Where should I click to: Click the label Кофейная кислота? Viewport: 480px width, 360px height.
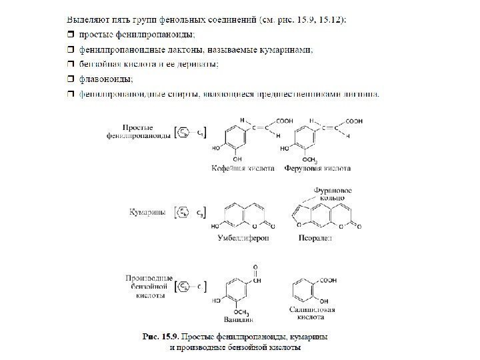(x=243, y=169)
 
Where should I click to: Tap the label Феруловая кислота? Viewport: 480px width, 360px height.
(x=315, y=169)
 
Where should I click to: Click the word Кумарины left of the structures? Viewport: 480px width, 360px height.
(x=147, y=212)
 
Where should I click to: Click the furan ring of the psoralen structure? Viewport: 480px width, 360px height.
(x=298, y=214)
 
